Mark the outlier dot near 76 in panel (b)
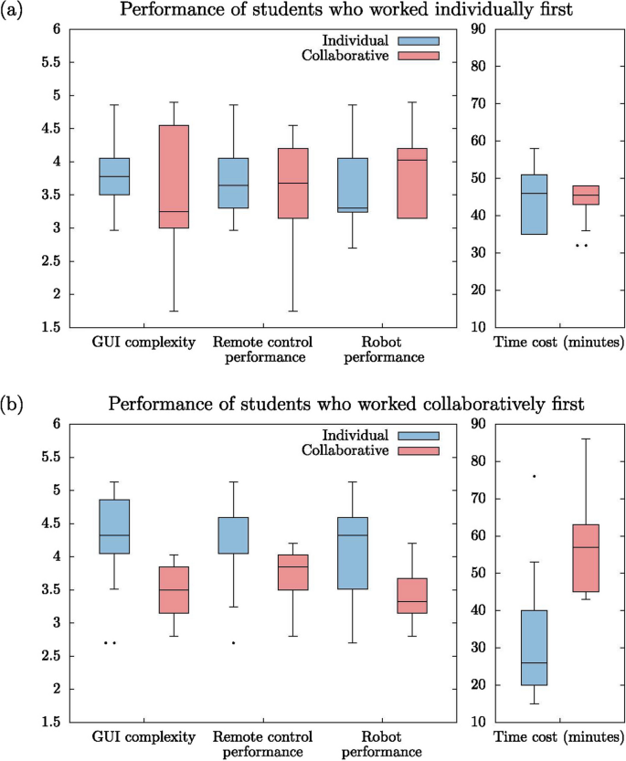[534, 476]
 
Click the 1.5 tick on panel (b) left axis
[52, 723]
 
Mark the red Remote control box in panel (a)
[292, 183]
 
